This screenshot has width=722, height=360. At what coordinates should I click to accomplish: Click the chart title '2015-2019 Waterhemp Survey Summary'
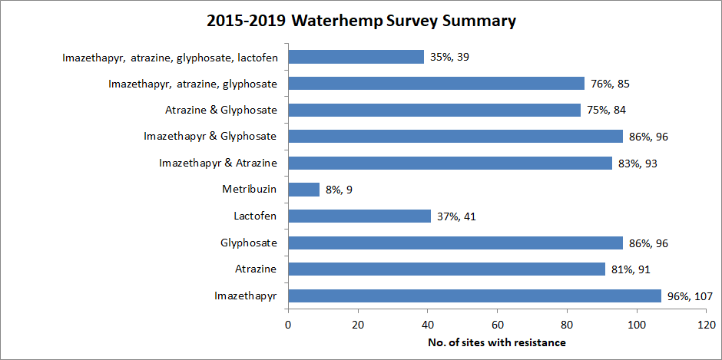361,21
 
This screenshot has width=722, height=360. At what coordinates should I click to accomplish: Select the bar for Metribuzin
303,190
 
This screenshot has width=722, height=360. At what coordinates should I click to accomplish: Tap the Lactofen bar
359,216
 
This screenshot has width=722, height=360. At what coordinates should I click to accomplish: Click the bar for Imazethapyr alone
475,296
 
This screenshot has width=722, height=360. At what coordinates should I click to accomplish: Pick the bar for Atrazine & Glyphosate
434,110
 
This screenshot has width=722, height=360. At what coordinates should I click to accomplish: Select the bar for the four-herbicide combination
356,57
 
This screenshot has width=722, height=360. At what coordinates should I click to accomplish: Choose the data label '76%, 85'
611,84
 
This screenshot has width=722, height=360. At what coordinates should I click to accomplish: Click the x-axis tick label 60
498,325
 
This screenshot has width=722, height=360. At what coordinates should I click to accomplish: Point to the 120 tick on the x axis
707,325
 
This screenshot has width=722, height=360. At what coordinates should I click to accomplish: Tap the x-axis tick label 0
288,325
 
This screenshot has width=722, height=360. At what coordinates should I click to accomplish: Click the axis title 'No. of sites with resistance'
497,342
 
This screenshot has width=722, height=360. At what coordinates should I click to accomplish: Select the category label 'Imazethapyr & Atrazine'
218,163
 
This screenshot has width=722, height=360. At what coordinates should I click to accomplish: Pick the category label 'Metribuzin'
250,190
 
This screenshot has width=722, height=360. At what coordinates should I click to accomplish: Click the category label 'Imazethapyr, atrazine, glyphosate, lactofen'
170,57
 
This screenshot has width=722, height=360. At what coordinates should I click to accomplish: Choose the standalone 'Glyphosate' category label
249,243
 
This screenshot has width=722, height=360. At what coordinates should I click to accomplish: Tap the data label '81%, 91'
633,269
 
